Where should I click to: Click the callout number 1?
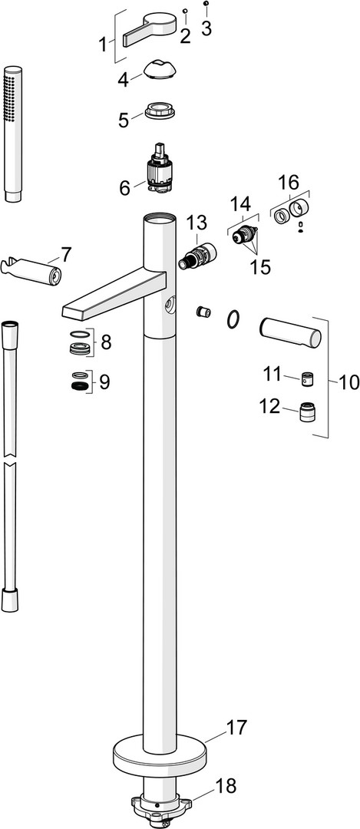pyautogui.click(x=103, y=45)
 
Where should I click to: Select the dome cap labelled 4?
pyautogui.click(x=160, y=70)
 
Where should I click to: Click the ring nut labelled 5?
pyautogui.click(x=160, y=111)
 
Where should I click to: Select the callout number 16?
pyautogui.click(x=289, y=183)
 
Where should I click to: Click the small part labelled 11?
pyautogui.click(x=307, y=380)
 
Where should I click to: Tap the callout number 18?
pyautogui.click(x=226, y=786)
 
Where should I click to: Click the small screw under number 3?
pyautogui.click(x=206, y=3)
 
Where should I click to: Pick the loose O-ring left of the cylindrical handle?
pyautogui.click(x=233, y=320)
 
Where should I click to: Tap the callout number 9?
pyautogui.click(x=104, y=381)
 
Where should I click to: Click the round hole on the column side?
pyautogui.click(x=169, y=304)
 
